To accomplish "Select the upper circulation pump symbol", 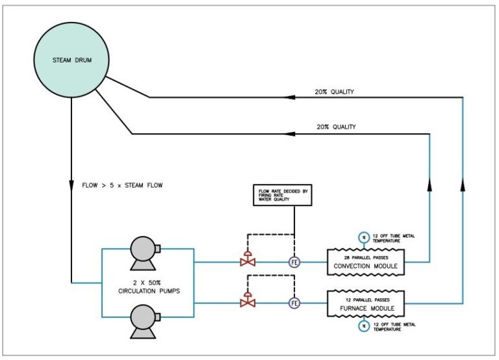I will click(x=145, y=250).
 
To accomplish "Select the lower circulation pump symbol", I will click(x=145, y=320).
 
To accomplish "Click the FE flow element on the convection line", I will click(x=294, y=263).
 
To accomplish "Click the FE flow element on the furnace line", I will click(x=294, y=303).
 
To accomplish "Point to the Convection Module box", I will click(x=365, y=261).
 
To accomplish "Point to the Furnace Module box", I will click(x=365, y=302).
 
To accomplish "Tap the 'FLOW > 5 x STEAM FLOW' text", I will click(x=122, y=186).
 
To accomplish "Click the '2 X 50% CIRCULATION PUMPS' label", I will click(x=145, y=286).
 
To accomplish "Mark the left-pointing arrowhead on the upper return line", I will click(x=290, y=97).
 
